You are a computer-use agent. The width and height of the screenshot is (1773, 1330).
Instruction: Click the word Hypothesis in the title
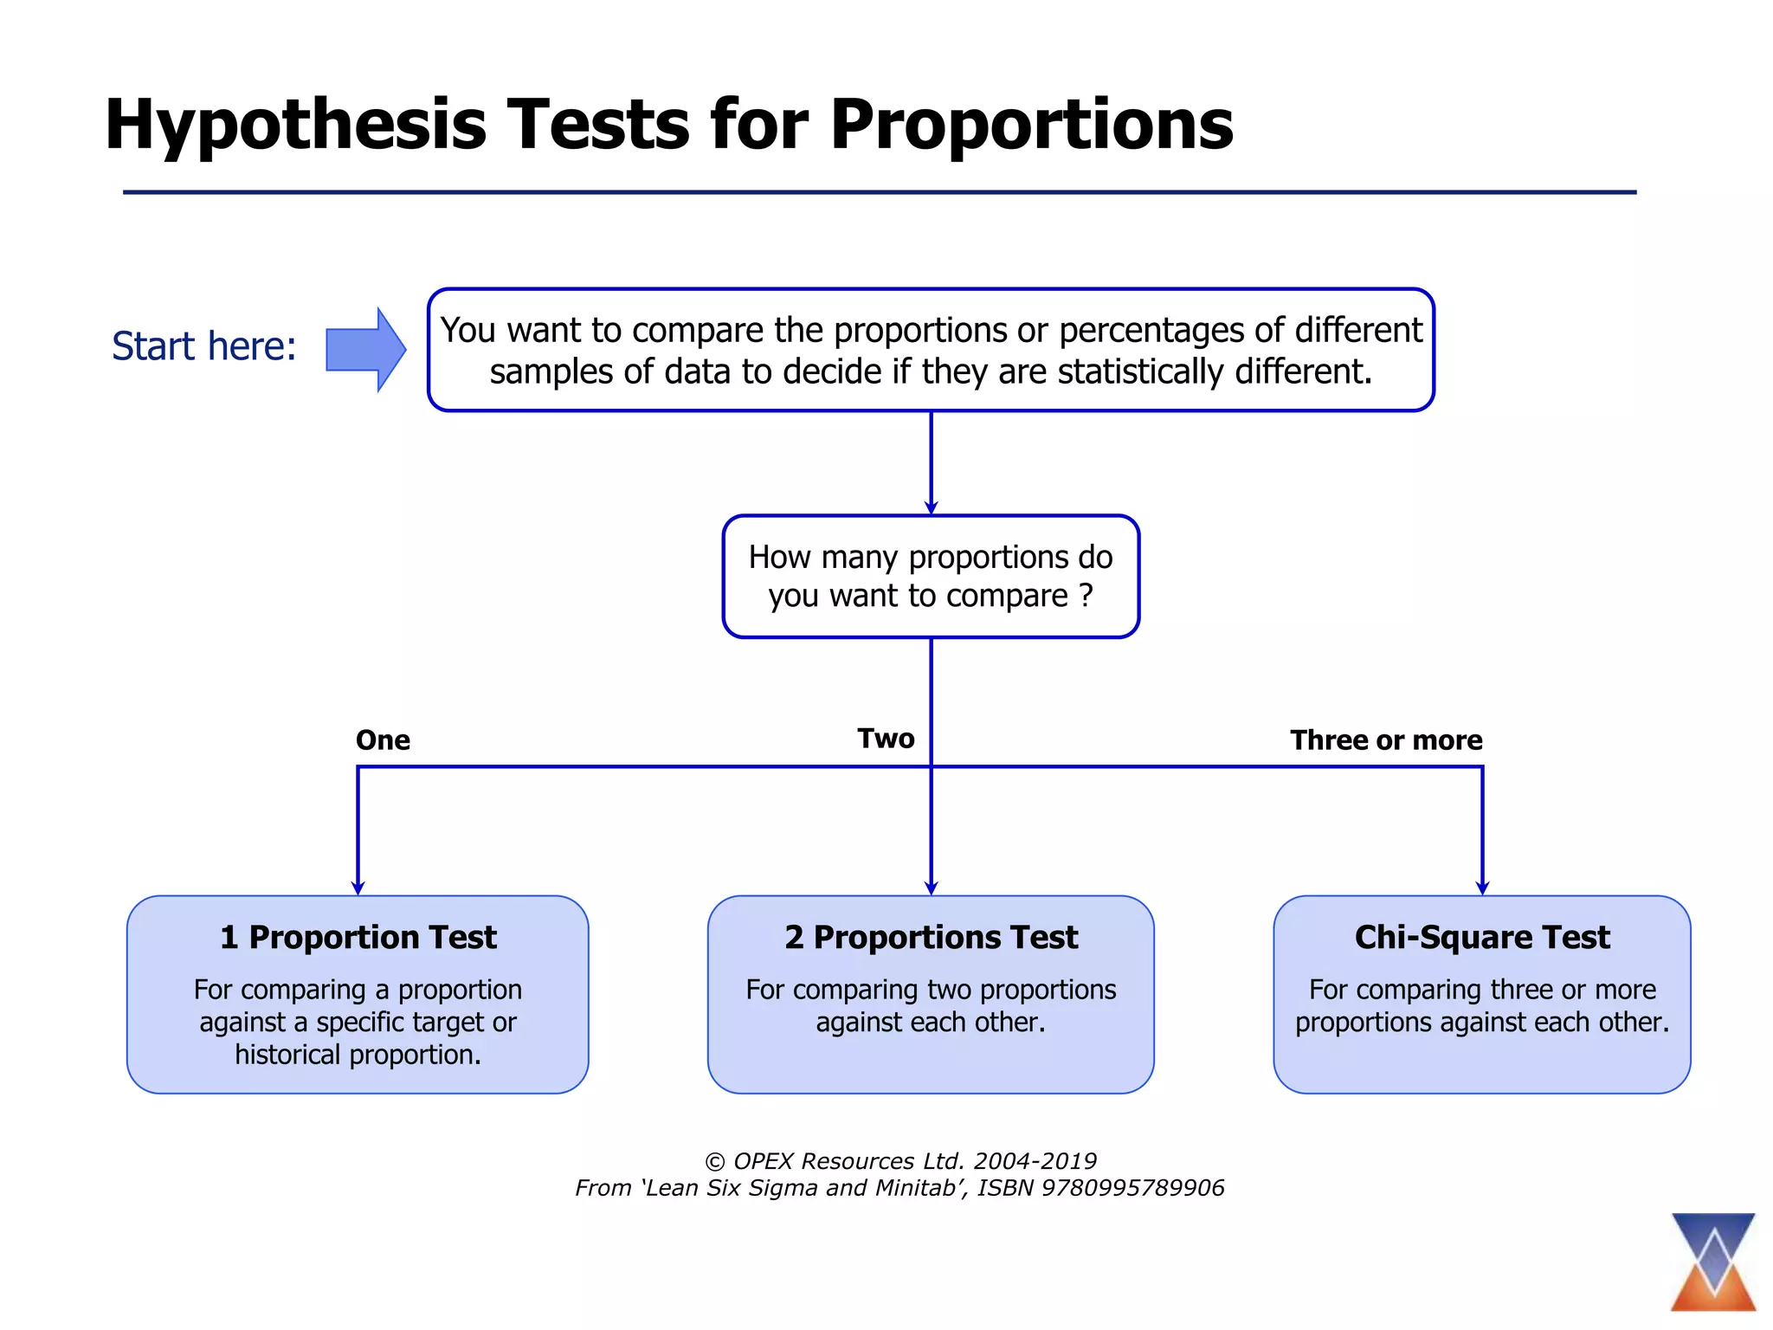pos(296,126)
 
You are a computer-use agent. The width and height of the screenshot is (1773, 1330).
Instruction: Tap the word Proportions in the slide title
pos(1032,126)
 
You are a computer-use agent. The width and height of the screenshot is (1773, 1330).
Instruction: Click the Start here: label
pos(204,346)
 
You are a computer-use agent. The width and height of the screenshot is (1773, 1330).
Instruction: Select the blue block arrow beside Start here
pos(366,350)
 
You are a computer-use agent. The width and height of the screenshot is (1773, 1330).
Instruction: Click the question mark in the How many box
pos(1086,596)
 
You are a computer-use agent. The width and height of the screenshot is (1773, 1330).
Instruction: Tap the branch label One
pos(383,740)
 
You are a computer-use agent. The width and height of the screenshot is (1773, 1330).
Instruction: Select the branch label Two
pos(886,739)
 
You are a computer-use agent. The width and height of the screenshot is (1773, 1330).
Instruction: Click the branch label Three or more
pos(1386,740)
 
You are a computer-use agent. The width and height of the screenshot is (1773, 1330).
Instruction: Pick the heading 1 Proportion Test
pos(358,938)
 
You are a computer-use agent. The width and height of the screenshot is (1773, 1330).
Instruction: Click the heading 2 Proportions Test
pos(932,938)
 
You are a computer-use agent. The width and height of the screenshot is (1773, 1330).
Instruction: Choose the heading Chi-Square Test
pos(1482,938)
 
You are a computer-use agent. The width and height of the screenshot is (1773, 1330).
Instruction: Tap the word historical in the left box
pos(287,1055)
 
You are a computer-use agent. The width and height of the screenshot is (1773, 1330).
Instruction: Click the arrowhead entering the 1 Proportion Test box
pos(358,888)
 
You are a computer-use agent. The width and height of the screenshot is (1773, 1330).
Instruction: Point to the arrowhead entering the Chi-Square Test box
pos(1482,888)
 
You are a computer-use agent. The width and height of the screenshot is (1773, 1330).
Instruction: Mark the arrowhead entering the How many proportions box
pos(932,508)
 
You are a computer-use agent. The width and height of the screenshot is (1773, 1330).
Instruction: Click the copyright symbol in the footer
pos(715,1162)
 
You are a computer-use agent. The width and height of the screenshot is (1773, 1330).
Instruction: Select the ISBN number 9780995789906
pos(1132,1188)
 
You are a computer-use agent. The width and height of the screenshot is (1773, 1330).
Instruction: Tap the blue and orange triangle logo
pos(1713,1262)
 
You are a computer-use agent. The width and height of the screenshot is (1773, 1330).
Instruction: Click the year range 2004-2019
pos(1035,1161)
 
